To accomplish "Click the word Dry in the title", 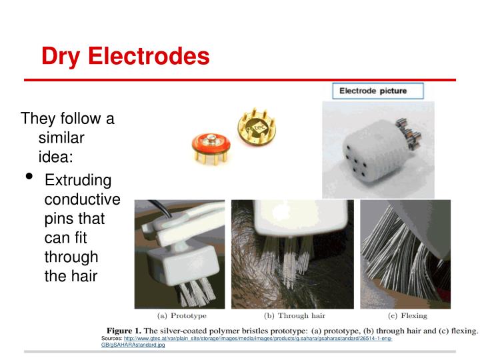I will [59, 56].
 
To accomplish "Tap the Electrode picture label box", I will [373, 91].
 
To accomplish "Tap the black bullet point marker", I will [29, 177].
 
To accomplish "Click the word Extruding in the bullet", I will [77, 181].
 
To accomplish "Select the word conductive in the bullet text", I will [82, 199].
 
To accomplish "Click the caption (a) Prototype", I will [181, 315].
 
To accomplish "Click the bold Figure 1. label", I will [131, 331].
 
